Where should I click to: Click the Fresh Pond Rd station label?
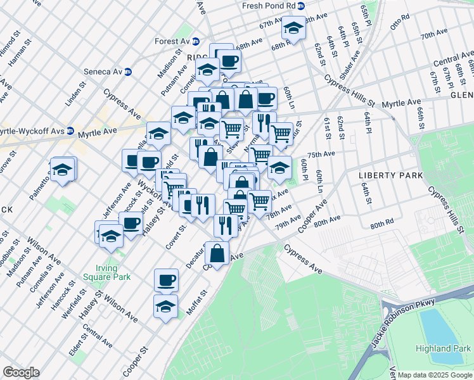(x=269, y=5)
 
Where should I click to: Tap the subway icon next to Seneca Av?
(x=127, y=72)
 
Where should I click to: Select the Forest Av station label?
(x=172, y=42)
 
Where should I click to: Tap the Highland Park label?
(x=444, y=348)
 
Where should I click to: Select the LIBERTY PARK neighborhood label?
(x=385, y=175)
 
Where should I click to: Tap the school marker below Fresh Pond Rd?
(x=293, y=28)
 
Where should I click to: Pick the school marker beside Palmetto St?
(x=63, y=170)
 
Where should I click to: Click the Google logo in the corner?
(x=21, y=372)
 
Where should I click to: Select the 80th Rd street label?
(x=382, y=224)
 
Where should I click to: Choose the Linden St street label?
(x=75, y=94)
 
